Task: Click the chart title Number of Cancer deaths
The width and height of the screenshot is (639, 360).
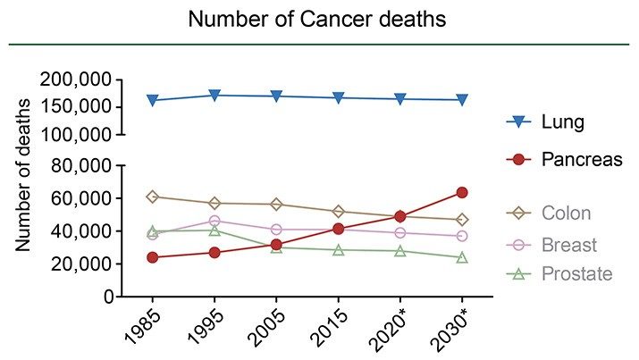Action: pyautogui.click(x=319, y=18)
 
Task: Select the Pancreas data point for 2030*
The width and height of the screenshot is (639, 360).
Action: pyautogui.click(x=462, y=192)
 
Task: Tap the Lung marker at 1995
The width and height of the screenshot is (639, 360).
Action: pyautogui.click(x=214, y=95)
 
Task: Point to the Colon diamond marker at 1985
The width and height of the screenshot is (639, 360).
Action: pyautogui.click(x=152, y=197)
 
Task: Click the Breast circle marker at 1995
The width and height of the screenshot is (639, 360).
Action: pyautogui.click(x=214, y=221)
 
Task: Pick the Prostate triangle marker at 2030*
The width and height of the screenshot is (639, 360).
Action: pyautogui.click(x=462, y=257)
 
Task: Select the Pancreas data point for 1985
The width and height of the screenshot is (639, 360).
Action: pyautogui.click(x=152, y=257)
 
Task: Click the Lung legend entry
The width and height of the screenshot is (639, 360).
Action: pyautogui.click(x=562, y=122)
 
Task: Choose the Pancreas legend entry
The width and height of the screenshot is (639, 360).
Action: pyautogui.click(x=581, y=159)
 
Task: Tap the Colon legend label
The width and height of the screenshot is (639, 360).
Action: pyautogui.click(x=566, y=213)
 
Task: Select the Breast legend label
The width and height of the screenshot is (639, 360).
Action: pyautogui.click(x=568, y=245)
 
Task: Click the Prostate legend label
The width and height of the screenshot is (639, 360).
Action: pyautogui.click(x=576, y=273)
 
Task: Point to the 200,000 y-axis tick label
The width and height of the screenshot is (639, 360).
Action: pyautogui.click(x=76, y=80)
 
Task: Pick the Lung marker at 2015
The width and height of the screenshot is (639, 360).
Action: pyautogui.click(x=338, y=97)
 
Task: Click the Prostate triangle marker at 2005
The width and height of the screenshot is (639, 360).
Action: pyautogui.click(x=276, y=247)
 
